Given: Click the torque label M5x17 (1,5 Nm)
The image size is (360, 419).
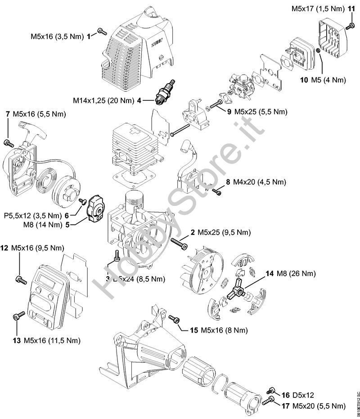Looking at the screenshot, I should click(x=318, y=9).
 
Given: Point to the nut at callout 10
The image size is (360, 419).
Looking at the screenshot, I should click(x=318, y=52).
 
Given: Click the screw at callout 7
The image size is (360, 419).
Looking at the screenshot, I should click(x=8, y=143).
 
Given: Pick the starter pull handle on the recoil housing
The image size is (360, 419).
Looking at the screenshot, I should click(x=43, y=131).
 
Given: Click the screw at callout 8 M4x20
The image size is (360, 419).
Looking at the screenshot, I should click(x=217, y=192).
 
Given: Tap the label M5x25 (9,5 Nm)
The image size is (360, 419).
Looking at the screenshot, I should click(x=220, y=232).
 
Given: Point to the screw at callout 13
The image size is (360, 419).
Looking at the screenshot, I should click(x=17, y=316).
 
